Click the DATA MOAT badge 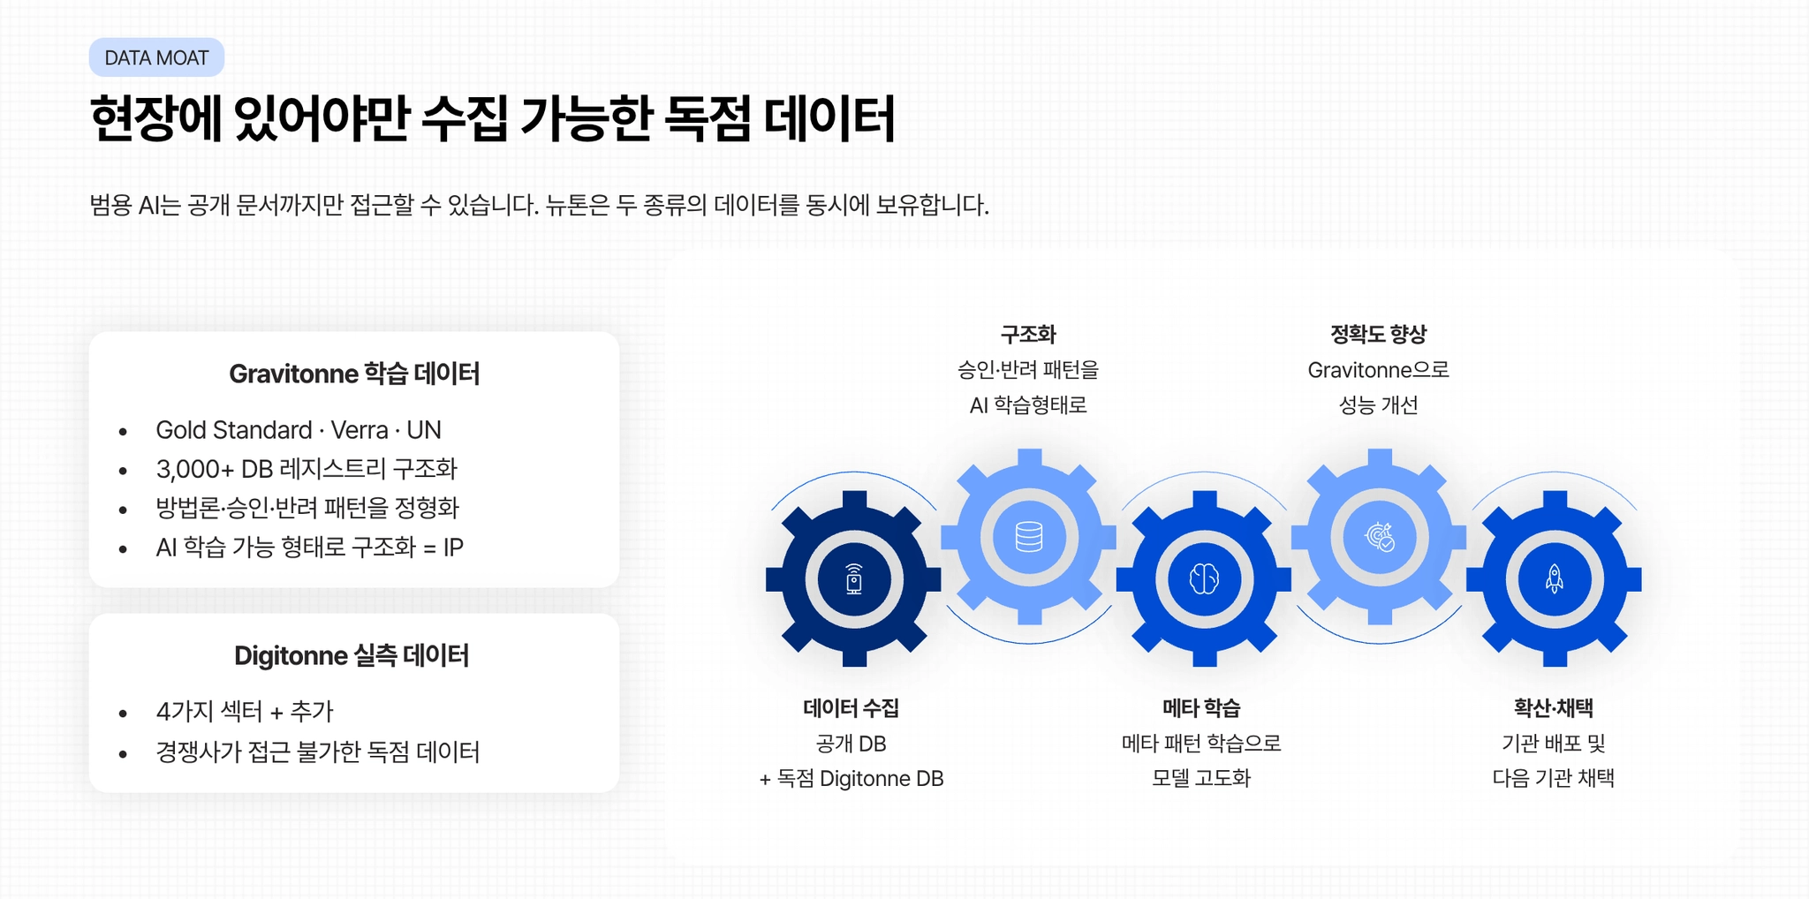coord(156,58)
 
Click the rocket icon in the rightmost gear coord(1555,579)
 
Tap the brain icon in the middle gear coord(1204,579)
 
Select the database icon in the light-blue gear coord(1029,537)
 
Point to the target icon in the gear coord(1379,537)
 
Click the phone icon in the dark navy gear coord(853,579)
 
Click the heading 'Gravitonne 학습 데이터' coord(354,374)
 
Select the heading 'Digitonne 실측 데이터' coord(352,656)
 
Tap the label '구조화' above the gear coord(1028,335)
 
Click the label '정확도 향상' coord(1378,335)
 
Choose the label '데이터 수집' coord(852,708)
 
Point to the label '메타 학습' coord(1201,708)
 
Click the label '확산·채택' coord(1553,708)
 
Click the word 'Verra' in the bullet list coord(360,430)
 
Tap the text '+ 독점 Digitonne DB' coord(852,779)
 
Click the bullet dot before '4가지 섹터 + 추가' coord(123,714)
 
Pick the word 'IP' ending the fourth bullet coord(453,548)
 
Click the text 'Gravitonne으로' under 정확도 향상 coord(1378,370)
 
